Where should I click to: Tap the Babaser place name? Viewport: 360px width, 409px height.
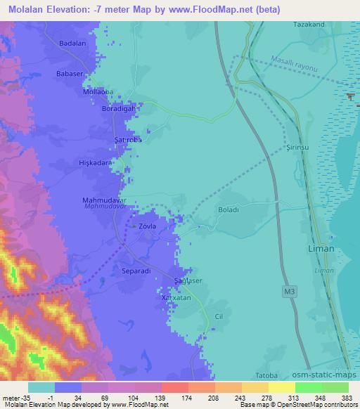[71, 74]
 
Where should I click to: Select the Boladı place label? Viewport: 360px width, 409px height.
[229, 209]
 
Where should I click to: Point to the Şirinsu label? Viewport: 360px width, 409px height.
[300, 149]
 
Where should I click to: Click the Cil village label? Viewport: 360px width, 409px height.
[219, 317]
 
